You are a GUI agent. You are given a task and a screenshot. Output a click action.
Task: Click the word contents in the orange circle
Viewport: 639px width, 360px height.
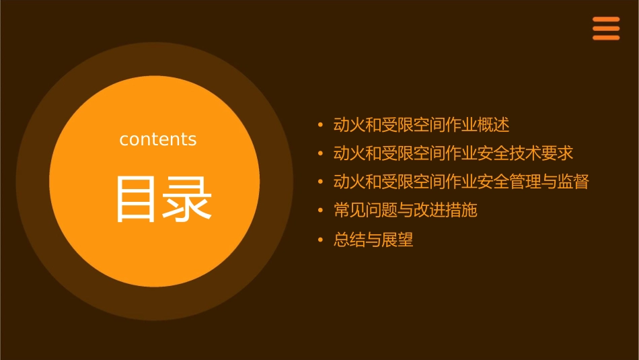[x=158, y=139]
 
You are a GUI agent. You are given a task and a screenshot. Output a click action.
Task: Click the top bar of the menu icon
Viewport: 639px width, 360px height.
[x=606, y=20]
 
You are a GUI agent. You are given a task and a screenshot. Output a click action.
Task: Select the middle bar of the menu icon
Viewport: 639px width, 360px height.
[x=606, y=28]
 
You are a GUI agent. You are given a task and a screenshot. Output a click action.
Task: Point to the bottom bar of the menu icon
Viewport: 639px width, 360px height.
[x=606, y=38]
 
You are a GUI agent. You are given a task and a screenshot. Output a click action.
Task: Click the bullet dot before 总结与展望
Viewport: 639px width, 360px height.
[x=320, y=240]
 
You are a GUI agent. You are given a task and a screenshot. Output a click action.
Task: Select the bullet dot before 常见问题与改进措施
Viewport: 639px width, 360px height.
[x=320, y=211]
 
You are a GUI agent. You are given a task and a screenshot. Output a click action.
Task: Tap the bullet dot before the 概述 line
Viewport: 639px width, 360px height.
[x=320, y=124]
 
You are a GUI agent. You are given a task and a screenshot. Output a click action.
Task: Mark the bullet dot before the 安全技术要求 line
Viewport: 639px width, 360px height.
[x=320, y=153]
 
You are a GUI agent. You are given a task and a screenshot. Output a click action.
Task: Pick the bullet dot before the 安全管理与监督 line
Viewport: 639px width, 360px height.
[x=320, y=182]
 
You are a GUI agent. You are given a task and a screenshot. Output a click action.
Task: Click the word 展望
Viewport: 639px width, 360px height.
[x=398, y=240]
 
